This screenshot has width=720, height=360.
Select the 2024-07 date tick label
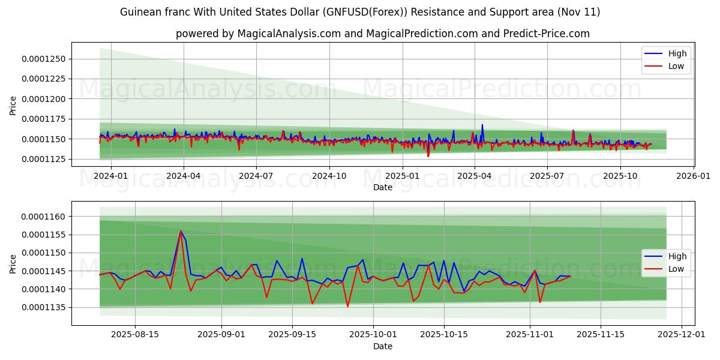point(256,175)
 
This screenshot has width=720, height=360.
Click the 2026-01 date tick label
point(693,175)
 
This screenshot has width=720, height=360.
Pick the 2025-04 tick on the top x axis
point(475,175)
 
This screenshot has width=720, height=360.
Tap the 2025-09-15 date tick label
point(292,334)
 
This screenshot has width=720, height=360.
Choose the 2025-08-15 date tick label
point(135,334)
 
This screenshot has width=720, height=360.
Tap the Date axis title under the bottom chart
point(383,346)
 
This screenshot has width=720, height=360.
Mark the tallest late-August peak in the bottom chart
point(181,231)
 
